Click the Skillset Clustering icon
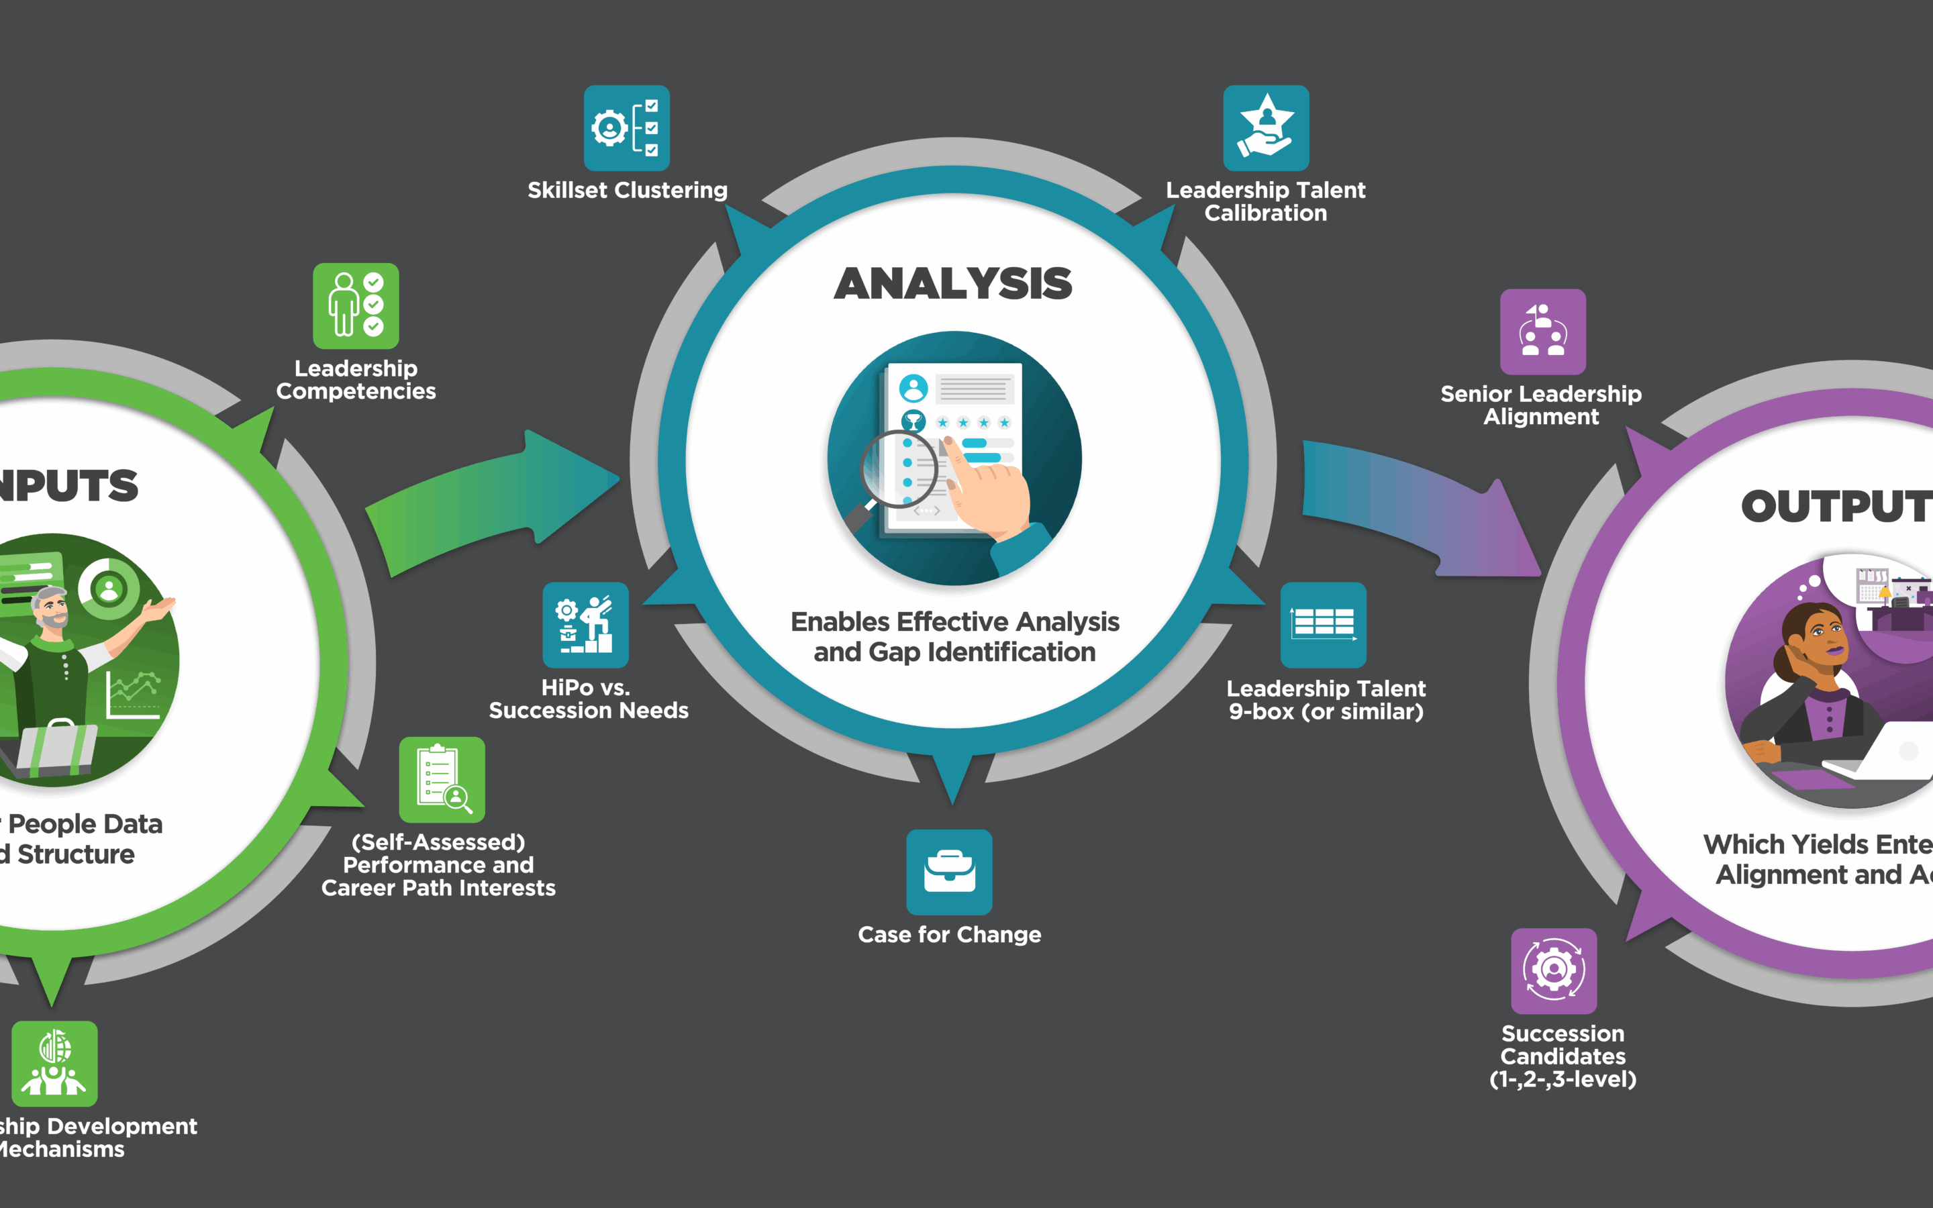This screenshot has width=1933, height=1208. [x=626, y=128]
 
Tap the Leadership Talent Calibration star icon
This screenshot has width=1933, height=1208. [x=1266, y=128]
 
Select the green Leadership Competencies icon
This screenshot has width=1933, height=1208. [x=356, y=306]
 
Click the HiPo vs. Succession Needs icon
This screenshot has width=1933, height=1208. [x=585, y=625]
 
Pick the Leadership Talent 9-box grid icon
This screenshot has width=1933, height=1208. [x=1323, y=625]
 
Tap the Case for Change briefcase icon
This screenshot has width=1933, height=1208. [x=949, y=872]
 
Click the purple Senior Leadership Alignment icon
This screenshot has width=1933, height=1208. [x=1542, y=332]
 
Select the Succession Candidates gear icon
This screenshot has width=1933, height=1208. [x=1554, y=970]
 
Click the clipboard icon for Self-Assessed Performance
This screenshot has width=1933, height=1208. [x=442, y=780]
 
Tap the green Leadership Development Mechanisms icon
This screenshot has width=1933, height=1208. [x=54, y=1064]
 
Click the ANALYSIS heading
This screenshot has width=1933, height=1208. [x=953, y=284]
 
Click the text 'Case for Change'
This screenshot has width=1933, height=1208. [x=949, y=934]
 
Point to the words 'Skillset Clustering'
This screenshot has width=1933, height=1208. [x=627, y=190]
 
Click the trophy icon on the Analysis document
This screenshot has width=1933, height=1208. [x=912, y=421]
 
